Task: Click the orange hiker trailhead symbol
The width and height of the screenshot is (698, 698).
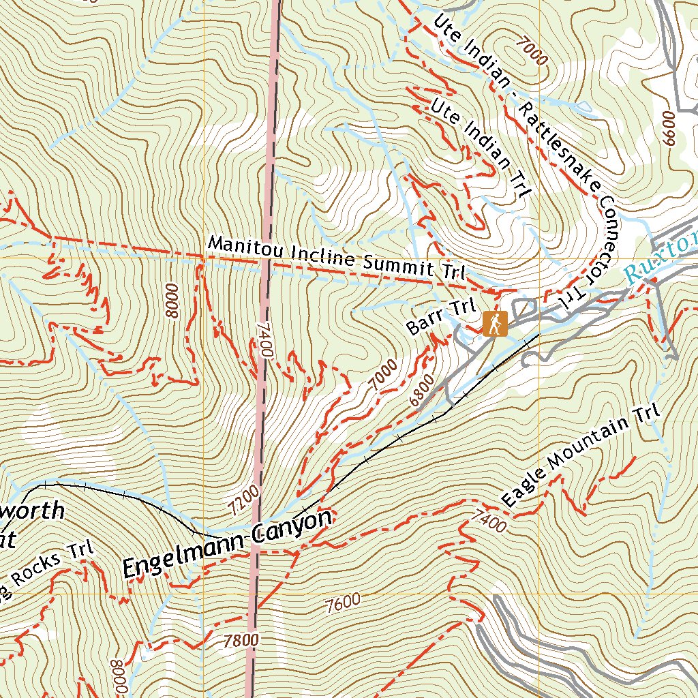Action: [x=495, y=323]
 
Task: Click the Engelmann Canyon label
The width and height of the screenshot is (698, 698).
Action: [x=227, y=546]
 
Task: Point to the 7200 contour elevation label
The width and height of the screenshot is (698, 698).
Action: [x=245, y=502]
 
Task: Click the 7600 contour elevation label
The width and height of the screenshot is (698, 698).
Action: [x=343, y=603]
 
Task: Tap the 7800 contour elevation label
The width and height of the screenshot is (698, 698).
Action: [x=241, y=640]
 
